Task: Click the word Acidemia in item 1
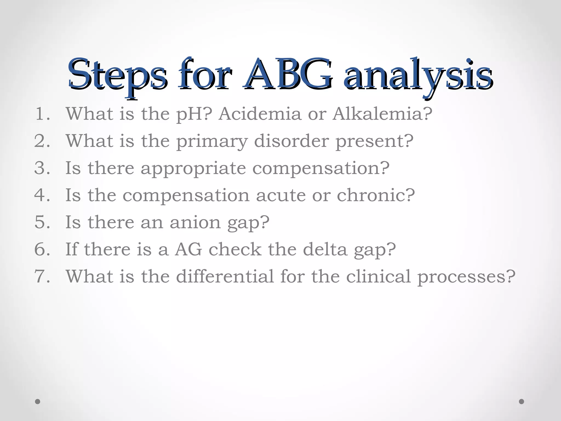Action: click(x=260, y=114)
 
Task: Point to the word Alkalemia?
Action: click(x=382, y=114)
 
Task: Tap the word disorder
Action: click(x=291, y=141)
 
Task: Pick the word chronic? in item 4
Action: click(x=376, y=195)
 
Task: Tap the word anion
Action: click(x=195, y=222)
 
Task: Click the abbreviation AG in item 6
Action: click(x=188, y=249)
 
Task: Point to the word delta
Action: click(x=325, y=249)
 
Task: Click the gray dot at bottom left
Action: click(x=38, y=402)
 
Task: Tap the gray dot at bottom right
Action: click(x=522, y=402)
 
